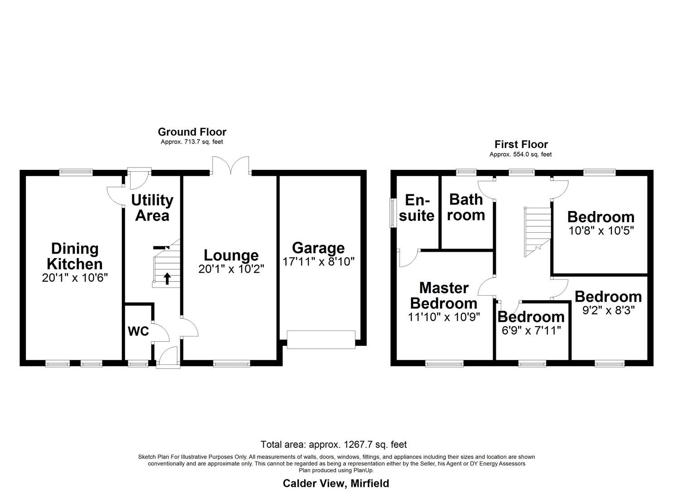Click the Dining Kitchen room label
click(75, 256)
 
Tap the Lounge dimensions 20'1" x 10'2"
click(231, 268)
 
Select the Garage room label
click(318, 248)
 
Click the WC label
click(138, 331)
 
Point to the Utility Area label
click(152, 207)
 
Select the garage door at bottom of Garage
click(321, 340)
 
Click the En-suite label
click(416, 207)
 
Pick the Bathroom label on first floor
click(466, 207)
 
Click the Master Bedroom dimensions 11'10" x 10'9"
click(444, 316)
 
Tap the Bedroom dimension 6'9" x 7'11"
click(531, 330)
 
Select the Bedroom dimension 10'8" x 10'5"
click(601, 230)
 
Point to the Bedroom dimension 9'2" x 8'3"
click(608, 310)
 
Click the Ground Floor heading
click(192, 132)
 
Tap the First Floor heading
click(521, 144)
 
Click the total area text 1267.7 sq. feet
click(334, 444)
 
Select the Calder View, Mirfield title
click(336, 483)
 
